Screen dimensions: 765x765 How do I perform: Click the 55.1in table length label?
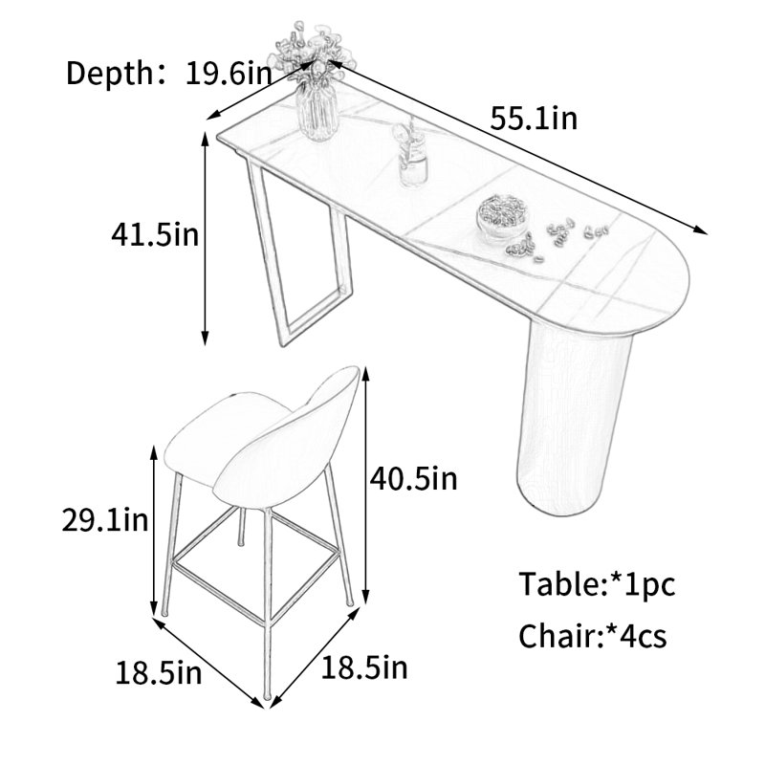coord(534,119)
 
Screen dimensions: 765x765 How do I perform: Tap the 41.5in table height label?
coord(155,234)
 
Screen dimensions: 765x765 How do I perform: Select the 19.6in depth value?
coord(229,74)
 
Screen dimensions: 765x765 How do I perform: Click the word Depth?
coord(109,74)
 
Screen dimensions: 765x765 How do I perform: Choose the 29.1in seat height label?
coord(105,519)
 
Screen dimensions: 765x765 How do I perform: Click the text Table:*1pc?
coord(597,584)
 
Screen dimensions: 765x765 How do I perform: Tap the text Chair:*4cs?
coord(592,636)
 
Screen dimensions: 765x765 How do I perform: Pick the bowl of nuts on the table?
coord(502,217)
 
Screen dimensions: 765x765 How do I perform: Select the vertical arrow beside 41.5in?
coord(205,238)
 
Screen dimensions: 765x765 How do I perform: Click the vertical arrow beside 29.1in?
coord(154,531)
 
